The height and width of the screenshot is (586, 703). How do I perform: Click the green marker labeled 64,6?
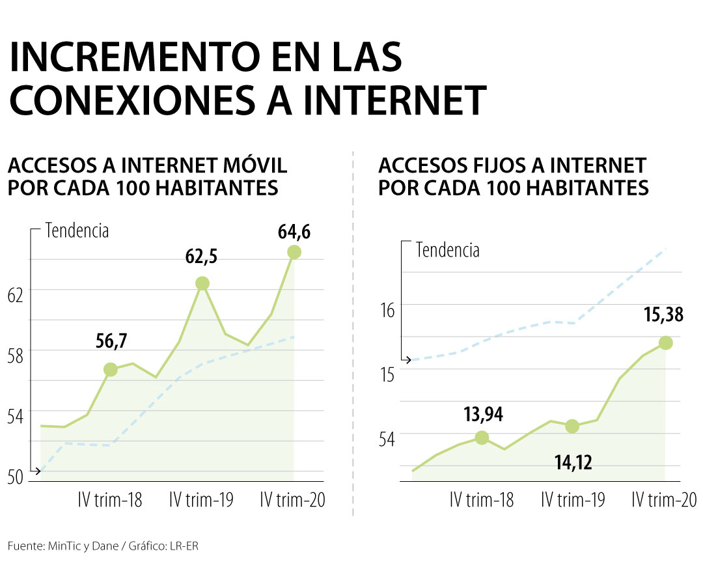pos(294,252)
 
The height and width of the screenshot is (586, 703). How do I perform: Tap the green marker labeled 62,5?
pos(202,283)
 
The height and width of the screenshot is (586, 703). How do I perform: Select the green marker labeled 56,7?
pos(111,370)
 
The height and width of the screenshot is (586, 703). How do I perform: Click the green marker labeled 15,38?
pos(665,342)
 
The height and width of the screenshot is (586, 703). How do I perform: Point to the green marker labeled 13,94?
pos(482,438)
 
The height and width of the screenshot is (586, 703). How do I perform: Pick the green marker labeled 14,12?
pos(572,426)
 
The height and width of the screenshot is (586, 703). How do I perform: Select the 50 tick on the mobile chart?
pos(16,477)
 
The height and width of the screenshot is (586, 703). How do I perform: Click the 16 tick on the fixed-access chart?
pos(387,310)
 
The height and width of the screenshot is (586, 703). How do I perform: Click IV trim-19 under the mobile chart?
pos(201,500)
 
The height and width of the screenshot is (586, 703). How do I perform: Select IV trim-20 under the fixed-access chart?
pos(665,500)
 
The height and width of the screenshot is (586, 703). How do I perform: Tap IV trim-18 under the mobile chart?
pos(109,500)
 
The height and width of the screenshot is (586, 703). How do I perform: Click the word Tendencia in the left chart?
pos(76,230)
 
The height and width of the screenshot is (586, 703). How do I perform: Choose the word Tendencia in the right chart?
pos(447,250)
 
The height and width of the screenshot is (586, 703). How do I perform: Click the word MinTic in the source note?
pos(64,546)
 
